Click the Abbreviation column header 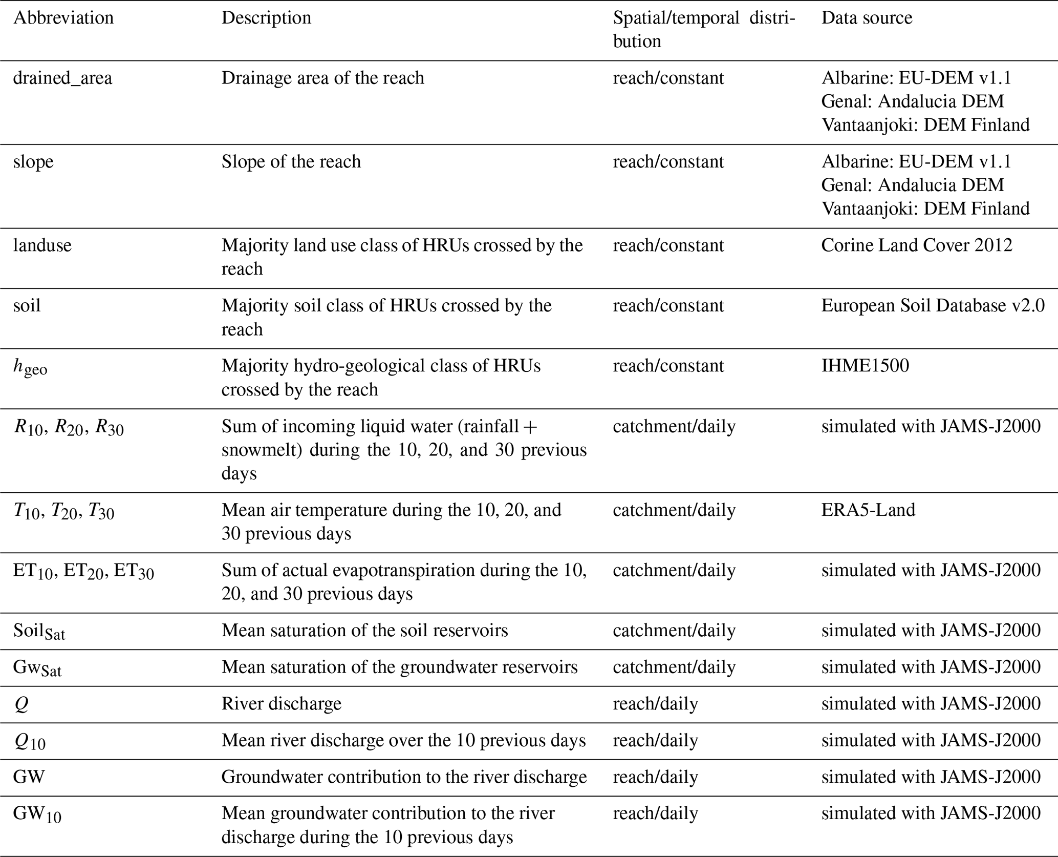click(x=63, y=18)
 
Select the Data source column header click(x=867, y=18)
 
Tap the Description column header click(x=266, y=18)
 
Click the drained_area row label click(x=62, y=78)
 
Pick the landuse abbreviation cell click(x=42, y=245)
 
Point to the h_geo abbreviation click(x=30, y=367)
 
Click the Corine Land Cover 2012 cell click(x=917, y=245)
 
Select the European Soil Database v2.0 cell click(x=933, y=306)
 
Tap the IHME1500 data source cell click(x=865, y=366)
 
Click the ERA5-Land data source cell click(x=868, y=510)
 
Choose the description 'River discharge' click(x=281, y=704)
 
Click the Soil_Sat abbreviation click(x=39, y=631)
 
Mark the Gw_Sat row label click(x=37, y=668)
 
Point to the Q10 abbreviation click(x=30, y=742)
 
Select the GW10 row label click(x=37, y=815)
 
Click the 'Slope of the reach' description click(x=291, y=162)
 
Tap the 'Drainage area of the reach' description click(x=322, y=78)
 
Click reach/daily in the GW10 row click(x=655, y=813)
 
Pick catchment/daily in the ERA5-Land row click(x=674, y=510)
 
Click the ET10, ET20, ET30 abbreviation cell click(x=83, y=571)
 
